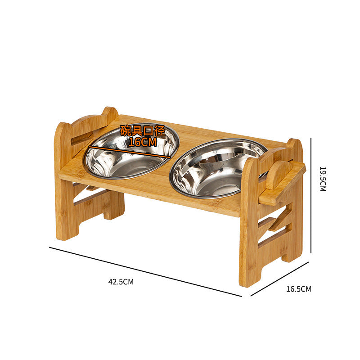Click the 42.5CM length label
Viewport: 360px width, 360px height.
tap(121, 282)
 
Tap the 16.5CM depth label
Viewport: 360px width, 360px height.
tap(298, 289)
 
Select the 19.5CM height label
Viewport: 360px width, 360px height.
tap(322, 179)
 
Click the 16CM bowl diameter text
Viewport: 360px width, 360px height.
tap(143, 142)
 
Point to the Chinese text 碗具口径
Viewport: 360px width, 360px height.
tap(143, 131)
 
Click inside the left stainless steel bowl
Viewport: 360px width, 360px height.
tap(130, 157)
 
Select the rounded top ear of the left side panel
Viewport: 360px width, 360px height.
tap(109, 113)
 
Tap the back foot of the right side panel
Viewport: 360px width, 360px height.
tap(292, 252)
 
